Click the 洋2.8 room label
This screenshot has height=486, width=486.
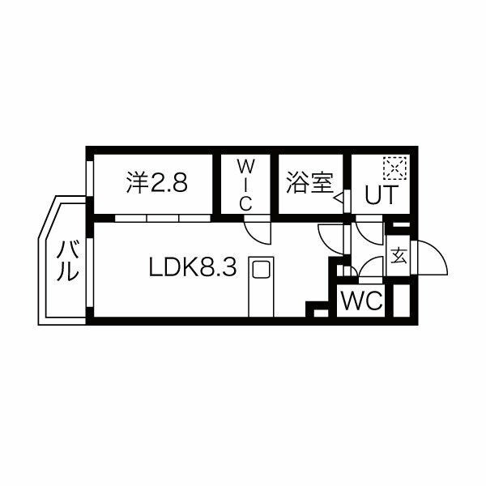157,183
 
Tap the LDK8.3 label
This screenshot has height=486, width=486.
192,268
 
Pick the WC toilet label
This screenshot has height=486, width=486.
361,301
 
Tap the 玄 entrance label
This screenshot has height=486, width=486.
399,257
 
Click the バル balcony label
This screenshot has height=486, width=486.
68,262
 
